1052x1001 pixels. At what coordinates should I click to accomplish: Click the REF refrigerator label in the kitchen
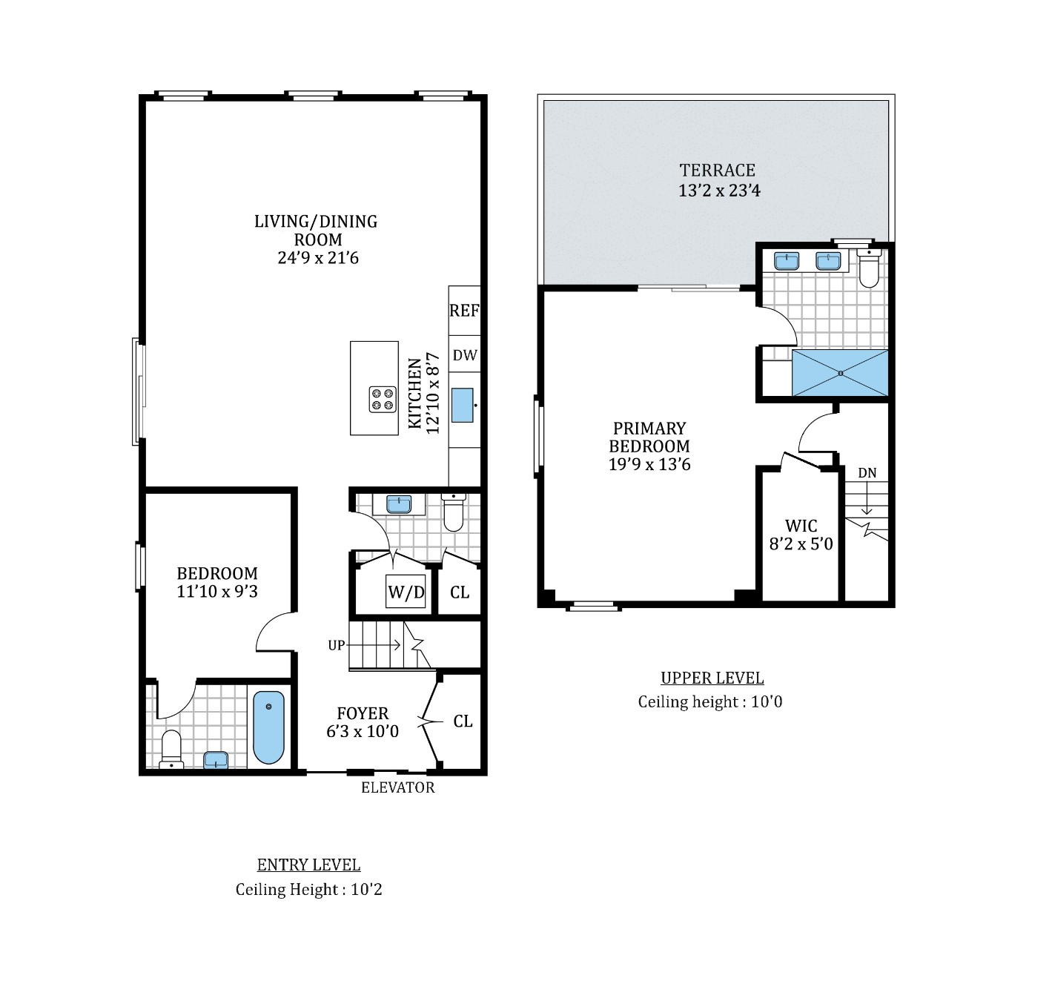[x=464, y=311]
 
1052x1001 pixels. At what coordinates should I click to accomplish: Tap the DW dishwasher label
[x=465, y=355]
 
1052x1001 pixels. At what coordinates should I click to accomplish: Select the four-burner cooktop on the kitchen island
[x=382, y=400]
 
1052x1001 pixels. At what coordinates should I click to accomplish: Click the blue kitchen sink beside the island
[x=463, y=405]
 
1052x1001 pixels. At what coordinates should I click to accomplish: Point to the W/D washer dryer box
[x=406, y=592]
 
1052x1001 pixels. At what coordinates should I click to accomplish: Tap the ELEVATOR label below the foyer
[x=397, y=787]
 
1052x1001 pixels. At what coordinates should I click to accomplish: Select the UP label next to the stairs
[x=337, y=645]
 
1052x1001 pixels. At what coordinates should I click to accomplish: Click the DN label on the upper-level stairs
[x=867, y=473]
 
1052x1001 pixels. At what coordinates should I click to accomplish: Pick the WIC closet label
[x=801, y=526]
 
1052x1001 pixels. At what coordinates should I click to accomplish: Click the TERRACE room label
[x=717, y=170]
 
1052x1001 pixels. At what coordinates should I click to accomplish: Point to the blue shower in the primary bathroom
[x=839, y=373]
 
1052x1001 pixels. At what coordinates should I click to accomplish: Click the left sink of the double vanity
[x=785, y=261]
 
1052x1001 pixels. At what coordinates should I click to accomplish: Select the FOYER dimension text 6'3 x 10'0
[x=363, y=732]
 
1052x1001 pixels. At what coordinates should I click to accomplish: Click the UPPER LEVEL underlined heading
[x=712, y=678]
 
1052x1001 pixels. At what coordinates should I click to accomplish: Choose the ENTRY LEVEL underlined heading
[x=308, y=865]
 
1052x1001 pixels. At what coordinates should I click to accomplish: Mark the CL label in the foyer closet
[x=463, y=721]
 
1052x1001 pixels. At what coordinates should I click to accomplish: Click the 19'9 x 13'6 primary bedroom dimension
[x=649, y=465]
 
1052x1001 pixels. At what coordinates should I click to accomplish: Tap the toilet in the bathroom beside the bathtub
[x=171, y=749]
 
